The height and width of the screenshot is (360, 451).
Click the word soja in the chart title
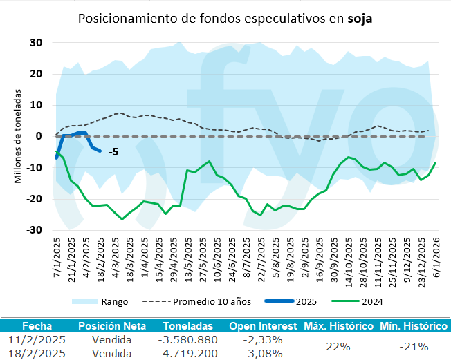pyautogui.click(x=360, y=19)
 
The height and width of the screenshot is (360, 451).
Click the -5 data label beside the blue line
pyautogui.click(x=111, y=151)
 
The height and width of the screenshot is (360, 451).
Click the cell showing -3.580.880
pyautogui.click(x=188, y=339)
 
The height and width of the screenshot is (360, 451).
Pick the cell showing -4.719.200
pyautogui.click(x=188, y=353)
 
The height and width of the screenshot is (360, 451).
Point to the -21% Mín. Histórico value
pyautogui.click(x=414, y=346)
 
